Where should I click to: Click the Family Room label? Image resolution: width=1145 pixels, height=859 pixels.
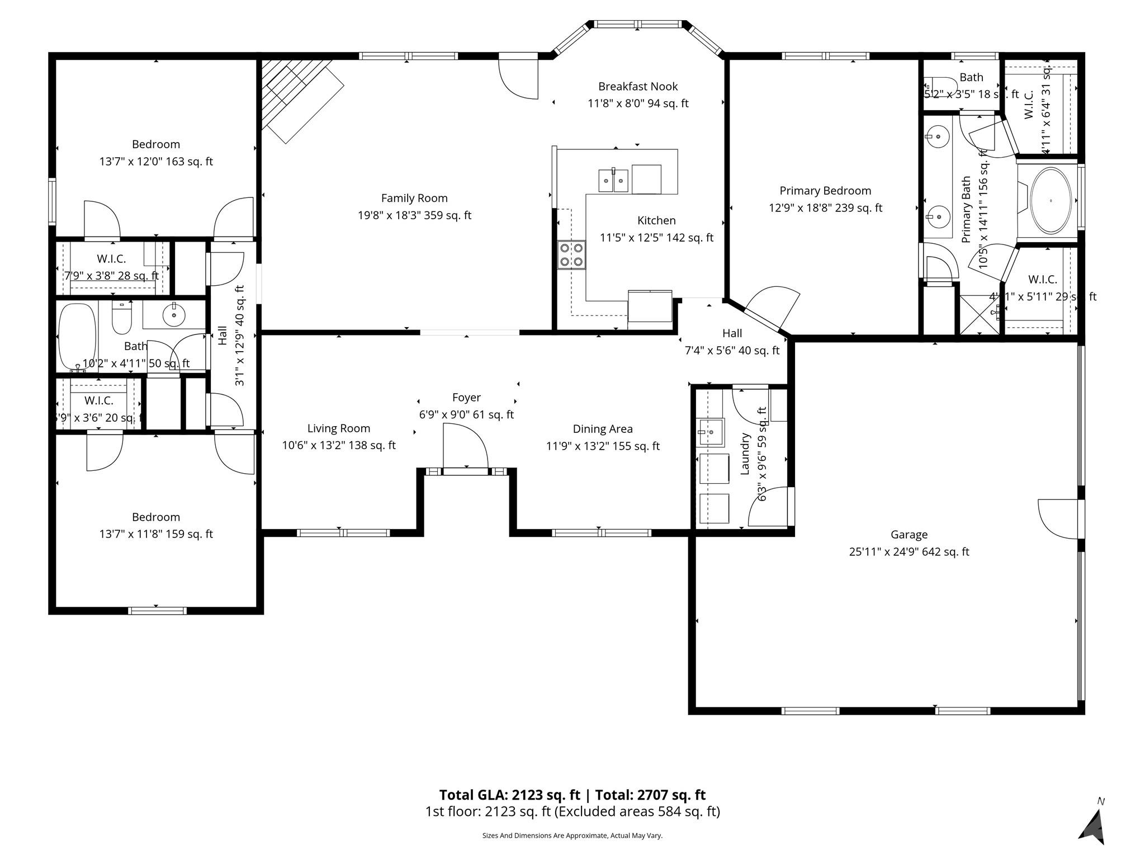point(414,198)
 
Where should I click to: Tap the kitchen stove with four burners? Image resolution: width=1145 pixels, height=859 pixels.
point(571,255)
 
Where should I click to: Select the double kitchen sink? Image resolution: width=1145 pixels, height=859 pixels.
point(613,180)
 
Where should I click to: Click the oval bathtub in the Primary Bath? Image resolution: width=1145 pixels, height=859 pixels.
point(1051,200)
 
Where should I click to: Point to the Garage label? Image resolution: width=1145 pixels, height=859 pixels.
point(909,535)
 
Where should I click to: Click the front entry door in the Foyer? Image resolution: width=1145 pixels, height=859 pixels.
point(465,447)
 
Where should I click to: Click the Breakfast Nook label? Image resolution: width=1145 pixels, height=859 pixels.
point(638,87)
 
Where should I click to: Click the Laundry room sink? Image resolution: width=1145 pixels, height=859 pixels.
point(711,432)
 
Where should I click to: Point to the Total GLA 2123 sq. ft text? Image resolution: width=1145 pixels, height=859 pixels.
point(509,795)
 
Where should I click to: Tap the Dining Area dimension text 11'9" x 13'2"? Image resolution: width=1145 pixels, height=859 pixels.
point(603,446)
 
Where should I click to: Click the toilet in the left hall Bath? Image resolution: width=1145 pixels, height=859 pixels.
point(121,317)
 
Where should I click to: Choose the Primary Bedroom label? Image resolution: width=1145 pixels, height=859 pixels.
point(825,191)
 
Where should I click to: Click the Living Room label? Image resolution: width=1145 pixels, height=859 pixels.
point(339,428)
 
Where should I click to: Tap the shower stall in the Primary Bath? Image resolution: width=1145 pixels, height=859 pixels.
point(980,314)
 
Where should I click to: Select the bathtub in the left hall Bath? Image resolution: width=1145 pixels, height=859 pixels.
point(77,336)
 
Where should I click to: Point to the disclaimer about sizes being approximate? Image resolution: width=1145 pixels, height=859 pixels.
point(572,836)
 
